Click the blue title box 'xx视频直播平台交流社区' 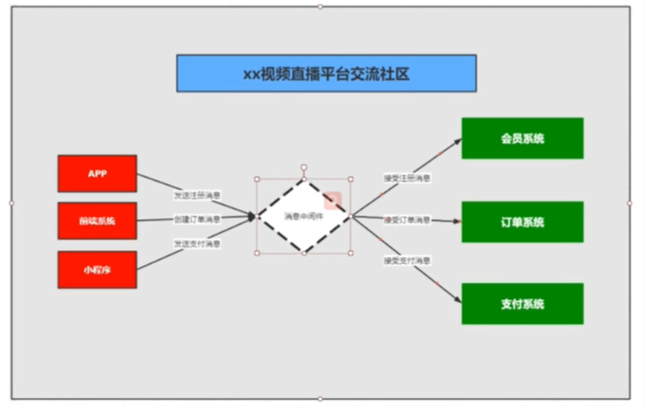click(326, 73)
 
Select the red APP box click(97, 173)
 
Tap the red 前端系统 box click(97, 221)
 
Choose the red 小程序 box click(97, 269)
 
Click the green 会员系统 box click(522, 138)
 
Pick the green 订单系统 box click(522, 222)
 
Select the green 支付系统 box click(522, 304)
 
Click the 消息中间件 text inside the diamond click(303, 216)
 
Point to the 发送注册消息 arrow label click(197, 196)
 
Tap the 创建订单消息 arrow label click(197, 220)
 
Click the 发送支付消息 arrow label click(197, 243)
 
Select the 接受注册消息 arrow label click(407, 177)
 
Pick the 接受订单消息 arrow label click(407, 220)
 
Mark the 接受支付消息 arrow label click(407, 261)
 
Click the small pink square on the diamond click(332, 202)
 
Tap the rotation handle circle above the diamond click(303, 167)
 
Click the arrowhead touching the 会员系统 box click(457, 141)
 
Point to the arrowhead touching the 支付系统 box click(457, 301)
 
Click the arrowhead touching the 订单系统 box click(457, 222)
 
